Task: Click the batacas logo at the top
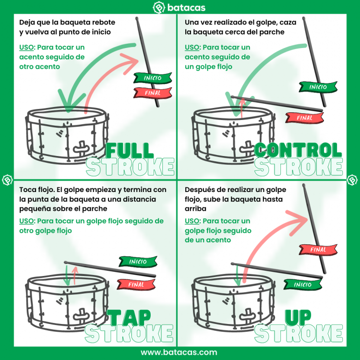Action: tap(179, 8)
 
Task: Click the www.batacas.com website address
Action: tap(179, 352)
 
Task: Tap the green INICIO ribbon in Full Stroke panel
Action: tap(153, 78)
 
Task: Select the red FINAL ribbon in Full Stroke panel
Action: tap(153, 93)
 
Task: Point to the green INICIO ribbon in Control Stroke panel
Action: tap(318, 87)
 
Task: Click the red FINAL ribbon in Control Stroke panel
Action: tap(304, 118)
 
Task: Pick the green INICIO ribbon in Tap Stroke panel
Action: tap(138, 262)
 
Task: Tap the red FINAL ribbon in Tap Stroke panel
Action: tap(136, 285)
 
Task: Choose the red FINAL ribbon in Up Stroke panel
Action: tap(318, 249)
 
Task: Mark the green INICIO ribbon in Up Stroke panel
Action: tap(302, 285)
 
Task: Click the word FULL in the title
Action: tap(130, 150)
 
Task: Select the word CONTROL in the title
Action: tap(298, 150)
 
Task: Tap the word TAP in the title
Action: tap(129, 317)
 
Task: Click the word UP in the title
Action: tap(298, 317)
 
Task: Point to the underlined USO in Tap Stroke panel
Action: tap(26, 221)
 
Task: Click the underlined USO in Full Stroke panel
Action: tap(26, 48)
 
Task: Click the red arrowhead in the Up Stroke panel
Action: tap(297, 222)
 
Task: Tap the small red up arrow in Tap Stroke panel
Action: tap(75, 275)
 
